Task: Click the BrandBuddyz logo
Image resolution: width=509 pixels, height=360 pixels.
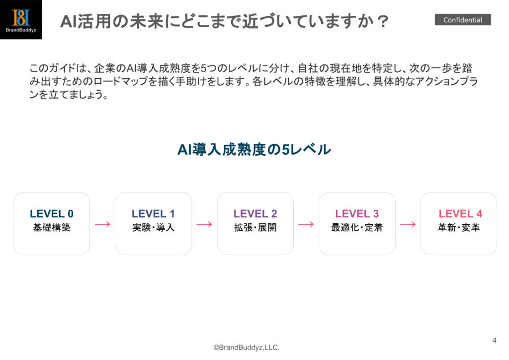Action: coord(21,19)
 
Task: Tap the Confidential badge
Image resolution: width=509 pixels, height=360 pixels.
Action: coord(463,20)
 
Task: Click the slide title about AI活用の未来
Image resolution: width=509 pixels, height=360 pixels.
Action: coord(224,21)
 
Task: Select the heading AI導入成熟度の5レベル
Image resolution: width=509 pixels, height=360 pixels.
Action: coord(254,150)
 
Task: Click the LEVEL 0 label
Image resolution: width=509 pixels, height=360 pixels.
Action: coord(52,214)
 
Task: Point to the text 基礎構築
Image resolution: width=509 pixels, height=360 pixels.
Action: coord(52,228)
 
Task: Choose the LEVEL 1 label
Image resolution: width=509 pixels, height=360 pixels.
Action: coord(153,214)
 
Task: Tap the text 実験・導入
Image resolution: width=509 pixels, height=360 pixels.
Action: coord(153,228)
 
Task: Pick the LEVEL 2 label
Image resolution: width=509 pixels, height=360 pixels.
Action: coord(255,214)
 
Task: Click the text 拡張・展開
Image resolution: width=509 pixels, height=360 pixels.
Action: coord(255,228)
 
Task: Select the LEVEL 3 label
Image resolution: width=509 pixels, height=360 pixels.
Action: coord(357,214)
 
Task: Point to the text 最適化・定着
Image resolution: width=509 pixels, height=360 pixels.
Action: coord(357,228)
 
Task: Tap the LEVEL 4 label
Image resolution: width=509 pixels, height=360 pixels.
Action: coord(460,214)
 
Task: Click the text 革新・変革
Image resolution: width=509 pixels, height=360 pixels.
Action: coord(459,228)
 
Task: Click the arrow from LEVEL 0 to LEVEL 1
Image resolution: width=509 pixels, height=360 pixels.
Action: coord(102,224)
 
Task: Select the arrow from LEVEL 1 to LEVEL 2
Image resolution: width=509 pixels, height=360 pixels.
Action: coord(204,224)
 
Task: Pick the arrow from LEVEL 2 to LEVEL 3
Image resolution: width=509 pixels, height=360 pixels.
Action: coord(306,224)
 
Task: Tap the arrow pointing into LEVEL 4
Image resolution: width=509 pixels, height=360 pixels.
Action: coord(408,224)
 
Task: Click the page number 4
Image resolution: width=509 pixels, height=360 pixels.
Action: coord(495,340)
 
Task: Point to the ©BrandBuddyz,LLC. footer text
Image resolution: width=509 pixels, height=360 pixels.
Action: coord(247,348)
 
